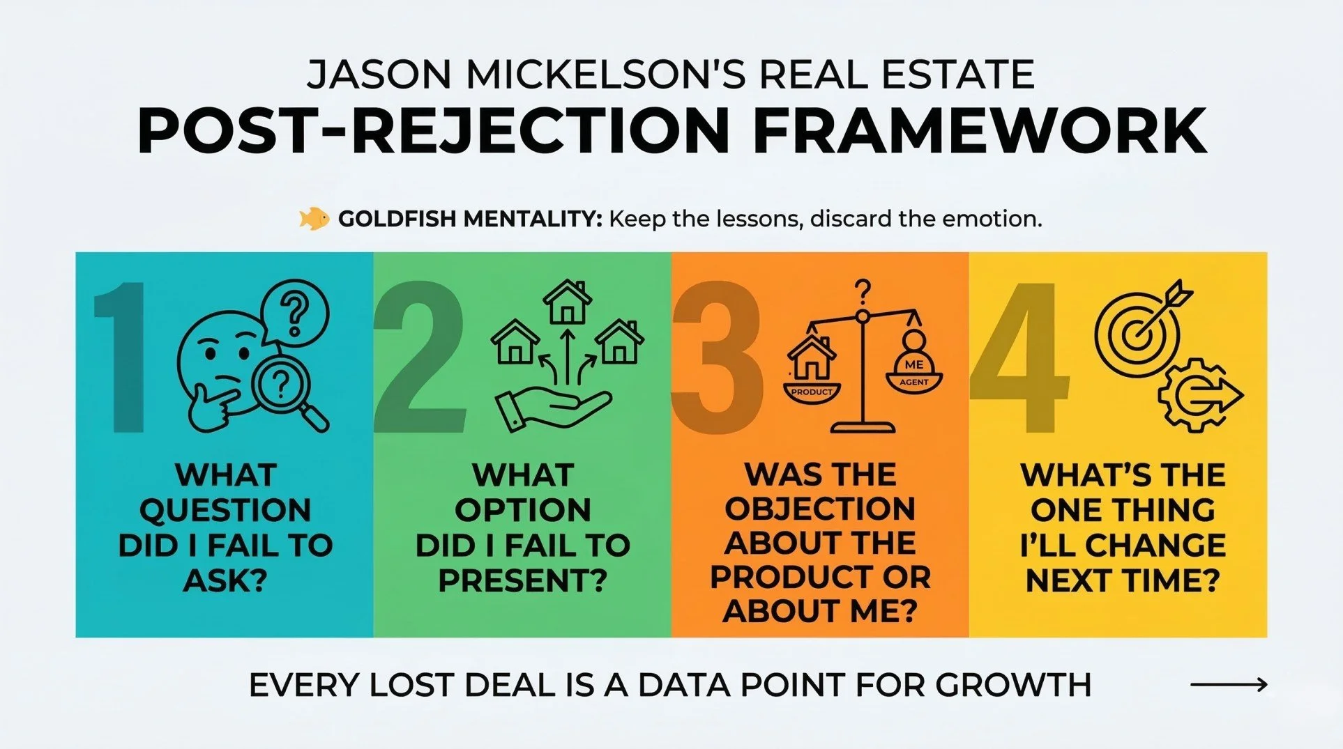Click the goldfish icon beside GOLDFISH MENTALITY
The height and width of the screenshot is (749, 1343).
point(314,219)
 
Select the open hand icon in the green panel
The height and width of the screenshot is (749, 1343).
point(551,408)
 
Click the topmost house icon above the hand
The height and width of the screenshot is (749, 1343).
point(567,302)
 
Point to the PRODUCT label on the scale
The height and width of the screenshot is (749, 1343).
point(812,392)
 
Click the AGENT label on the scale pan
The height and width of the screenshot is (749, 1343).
point(913,382)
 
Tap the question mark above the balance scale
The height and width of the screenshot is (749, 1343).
point(863,291)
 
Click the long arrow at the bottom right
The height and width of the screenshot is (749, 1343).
point(1228,685)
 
